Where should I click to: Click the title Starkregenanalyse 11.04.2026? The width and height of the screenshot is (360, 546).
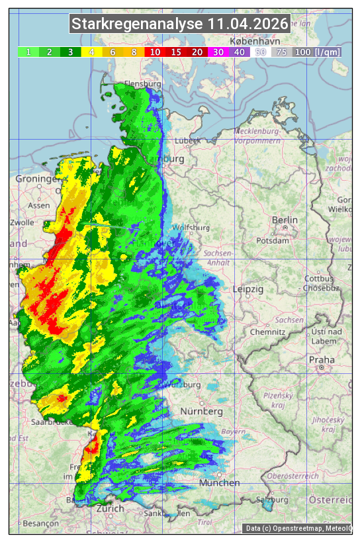[180, 24]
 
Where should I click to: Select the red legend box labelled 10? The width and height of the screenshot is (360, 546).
[155, 52]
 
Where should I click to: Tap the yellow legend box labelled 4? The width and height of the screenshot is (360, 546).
[92, 52]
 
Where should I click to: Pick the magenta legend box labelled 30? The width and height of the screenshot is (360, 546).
[218, 52]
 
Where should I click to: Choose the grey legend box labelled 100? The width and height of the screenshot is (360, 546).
[302, 52]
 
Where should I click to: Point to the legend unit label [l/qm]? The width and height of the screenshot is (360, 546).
[328, 52]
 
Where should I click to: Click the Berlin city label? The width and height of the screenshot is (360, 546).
[285, 220]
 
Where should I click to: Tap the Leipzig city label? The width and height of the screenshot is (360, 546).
[248, 289]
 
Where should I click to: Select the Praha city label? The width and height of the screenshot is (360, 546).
[322, 360]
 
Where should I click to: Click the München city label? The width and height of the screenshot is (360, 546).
[220, 482]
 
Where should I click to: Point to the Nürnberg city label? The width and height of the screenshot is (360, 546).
[201, 412]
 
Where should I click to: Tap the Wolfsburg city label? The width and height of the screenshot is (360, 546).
[191, 228]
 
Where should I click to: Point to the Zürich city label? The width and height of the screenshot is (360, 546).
[110, 508]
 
